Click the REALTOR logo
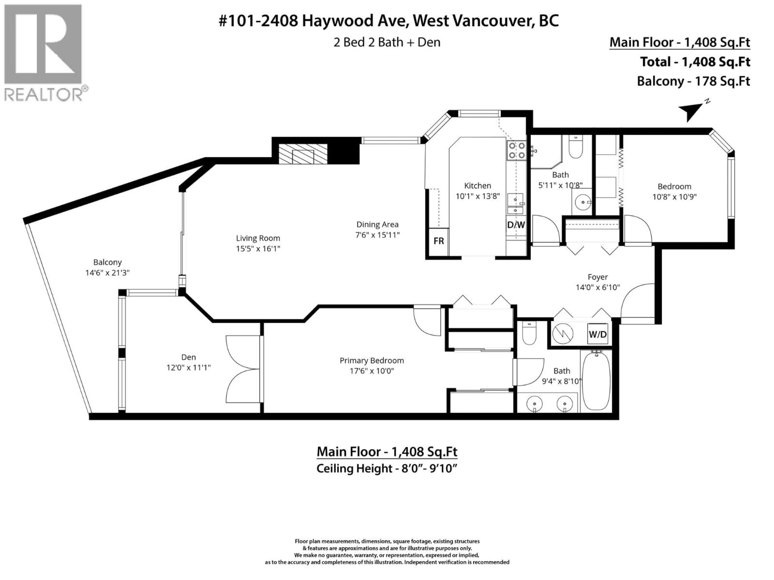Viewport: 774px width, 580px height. [44, 52]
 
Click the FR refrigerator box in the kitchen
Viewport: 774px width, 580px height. [438, 241]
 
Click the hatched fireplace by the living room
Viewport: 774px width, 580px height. [303, 154]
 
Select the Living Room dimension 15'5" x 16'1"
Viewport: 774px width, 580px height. [258, 249]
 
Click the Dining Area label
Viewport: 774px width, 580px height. [377, 225]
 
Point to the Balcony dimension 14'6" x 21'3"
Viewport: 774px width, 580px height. [107, 273]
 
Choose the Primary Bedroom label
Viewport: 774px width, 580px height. [372, 360]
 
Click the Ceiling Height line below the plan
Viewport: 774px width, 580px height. [387, 468]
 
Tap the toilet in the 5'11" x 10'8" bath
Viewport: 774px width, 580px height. [576, 149]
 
